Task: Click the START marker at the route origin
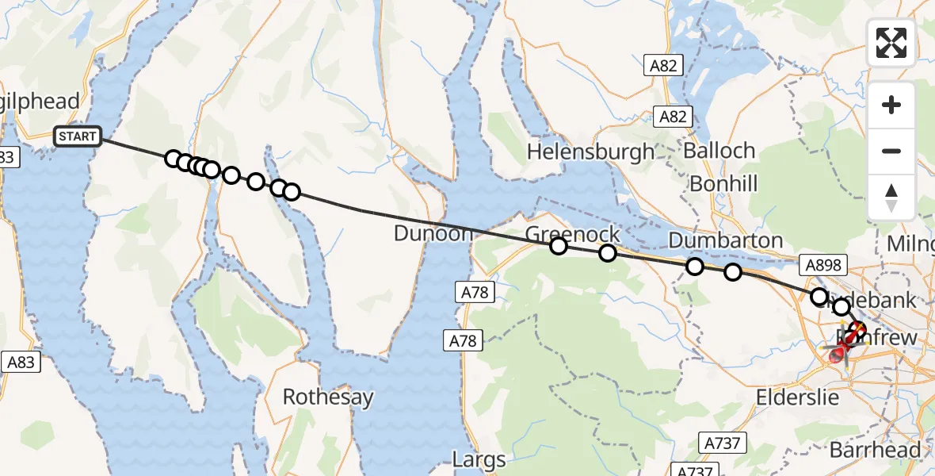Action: (78, 136)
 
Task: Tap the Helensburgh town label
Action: (590, 151)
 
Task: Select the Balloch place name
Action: (719, 151)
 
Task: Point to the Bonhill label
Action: (723, 184)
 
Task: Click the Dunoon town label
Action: (433, 234)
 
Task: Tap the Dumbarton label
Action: (725, 240)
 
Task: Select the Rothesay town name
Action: (327, 397)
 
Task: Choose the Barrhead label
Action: (875, 450)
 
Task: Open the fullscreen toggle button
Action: (891, 43)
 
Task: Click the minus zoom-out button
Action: (891, 151)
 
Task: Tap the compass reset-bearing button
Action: (891, 197)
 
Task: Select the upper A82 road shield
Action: (662, 66)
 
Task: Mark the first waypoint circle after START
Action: (173, 159)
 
